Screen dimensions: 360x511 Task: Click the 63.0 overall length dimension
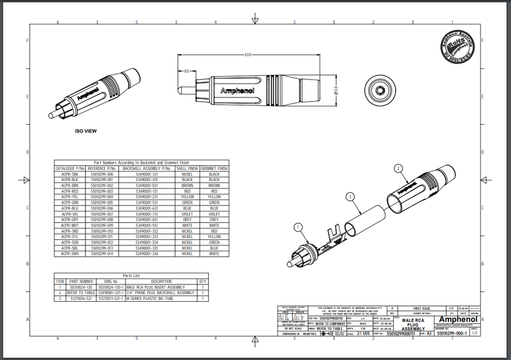[x=247, y=55]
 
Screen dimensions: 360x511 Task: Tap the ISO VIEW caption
[x=86, y=131]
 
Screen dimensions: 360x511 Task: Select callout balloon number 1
[x=298, y=226]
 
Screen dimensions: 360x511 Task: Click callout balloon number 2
[x=399, y=168]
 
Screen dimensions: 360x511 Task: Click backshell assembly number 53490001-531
[x=147, y=203]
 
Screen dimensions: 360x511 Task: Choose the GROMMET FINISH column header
[x=214, y=169]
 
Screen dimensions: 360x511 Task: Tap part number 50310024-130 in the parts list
[x=81, y=287]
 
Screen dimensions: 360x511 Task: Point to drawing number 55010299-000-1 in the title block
[x=449, y=334]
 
